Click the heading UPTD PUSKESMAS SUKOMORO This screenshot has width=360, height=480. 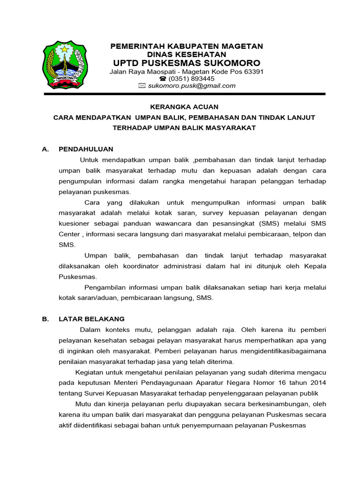(x=187, y=63)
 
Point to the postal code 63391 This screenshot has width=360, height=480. (x=253, y=72)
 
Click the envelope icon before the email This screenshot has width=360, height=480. (x=142, y=86)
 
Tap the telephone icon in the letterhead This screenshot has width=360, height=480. (x=156, y=79)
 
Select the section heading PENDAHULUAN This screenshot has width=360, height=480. (x=86, y=149)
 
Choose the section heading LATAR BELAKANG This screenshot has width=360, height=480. (x=91, y=319)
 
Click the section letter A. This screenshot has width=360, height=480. (x=45, y=149)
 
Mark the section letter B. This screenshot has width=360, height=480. (x=45, y=319)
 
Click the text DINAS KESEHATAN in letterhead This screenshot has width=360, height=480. (x=187, y=54)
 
